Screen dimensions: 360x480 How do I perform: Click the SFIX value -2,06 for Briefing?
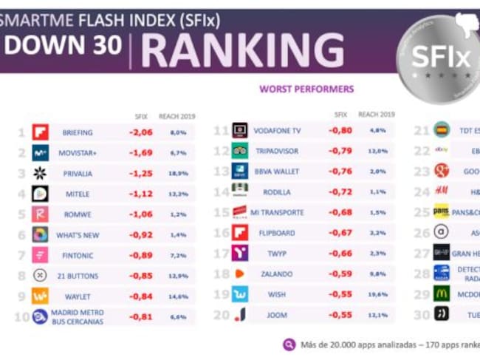(140, 132)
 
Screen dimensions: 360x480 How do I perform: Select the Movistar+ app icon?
(40, 153)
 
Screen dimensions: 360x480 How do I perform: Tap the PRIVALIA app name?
(78, 174)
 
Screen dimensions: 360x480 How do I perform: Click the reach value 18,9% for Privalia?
(177, 174)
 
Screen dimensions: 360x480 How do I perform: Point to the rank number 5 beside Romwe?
(21, 215)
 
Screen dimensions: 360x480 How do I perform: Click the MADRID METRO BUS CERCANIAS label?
(78, 317)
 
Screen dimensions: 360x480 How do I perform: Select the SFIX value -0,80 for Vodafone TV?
(340, 131)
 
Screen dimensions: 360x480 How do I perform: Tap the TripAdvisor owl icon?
(240, 151)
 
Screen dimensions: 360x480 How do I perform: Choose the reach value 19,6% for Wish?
(377, 294)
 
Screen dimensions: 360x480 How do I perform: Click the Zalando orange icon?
(240, 274)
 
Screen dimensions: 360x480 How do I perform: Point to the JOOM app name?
(276, 315)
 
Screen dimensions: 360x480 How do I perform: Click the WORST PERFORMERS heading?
(306, 89)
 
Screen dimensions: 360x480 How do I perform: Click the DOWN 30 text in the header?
(62, 46)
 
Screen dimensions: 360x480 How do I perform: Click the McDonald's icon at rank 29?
(441, 293)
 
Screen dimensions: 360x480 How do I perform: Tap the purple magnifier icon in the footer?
(289, 344)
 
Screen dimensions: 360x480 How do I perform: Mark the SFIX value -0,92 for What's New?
(140, 235)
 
